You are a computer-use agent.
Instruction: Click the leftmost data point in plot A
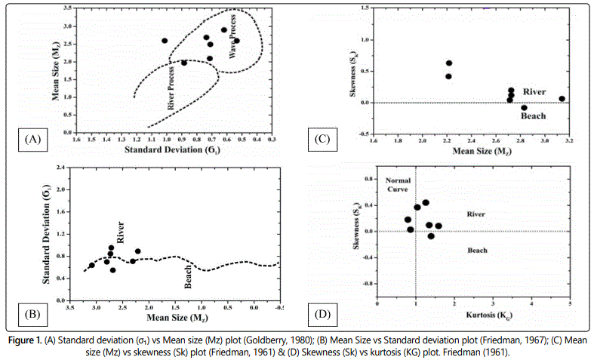tap(165, 41)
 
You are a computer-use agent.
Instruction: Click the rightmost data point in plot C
tap(562, 99)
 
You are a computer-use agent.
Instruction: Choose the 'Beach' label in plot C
tap(534, 116)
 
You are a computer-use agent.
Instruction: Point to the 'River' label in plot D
tap(476, 214)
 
